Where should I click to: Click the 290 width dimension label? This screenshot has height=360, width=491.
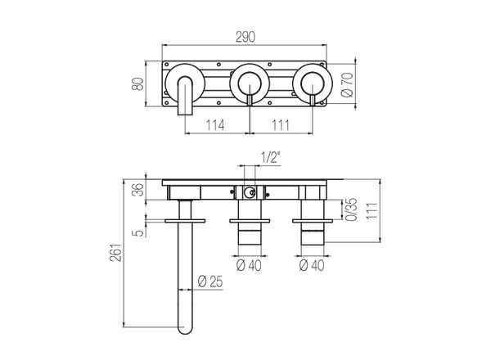245,37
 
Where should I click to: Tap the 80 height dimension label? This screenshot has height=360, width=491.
137,83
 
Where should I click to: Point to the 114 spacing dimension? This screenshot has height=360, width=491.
215,125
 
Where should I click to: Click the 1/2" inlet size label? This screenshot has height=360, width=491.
270,158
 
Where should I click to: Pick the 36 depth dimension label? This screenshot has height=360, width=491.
138,189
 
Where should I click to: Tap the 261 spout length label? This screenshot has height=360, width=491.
115,253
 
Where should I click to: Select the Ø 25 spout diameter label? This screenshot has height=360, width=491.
210,281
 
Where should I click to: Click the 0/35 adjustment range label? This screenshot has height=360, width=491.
351,209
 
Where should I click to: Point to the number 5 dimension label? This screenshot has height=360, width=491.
139,232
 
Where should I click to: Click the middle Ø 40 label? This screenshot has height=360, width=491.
249,265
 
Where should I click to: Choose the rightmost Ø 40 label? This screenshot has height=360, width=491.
312,265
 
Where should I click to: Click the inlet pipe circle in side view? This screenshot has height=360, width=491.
250,192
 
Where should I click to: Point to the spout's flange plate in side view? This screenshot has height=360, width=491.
185,221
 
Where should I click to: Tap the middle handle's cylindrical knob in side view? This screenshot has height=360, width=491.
250,237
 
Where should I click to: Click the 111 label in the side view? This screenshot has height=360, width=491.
372,211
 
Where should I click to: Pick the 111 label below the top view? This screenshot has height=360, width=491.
280,125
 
